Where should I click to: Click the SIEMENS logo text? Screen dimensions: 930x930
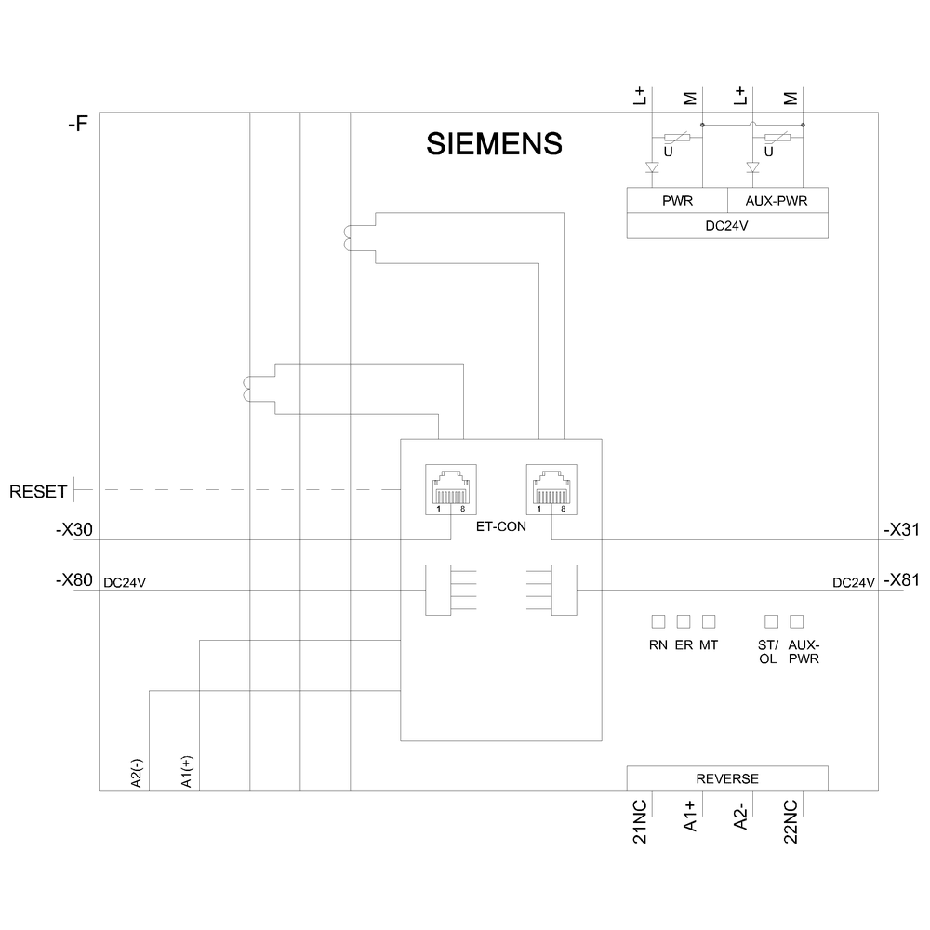494,143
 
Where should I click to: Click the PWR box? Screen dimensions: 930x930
676,201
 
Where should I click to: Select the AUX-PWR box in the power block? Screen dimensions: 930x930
777,201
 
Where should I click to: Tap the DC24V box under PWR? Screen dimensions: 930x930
727,225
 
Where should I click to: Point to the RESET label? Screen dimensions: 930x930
37,490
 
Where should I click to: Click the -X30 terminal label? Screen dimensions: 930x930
73,530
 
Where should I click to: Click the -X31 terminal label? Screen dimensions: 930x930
900,530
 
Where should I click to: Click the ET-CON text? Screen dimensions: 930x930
499,525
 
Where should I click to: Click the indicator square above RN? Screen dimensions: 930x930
658,620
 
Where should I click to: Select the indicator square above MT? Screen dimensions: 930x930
710,620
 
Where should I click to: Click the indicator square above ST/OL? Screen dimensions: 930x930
771,620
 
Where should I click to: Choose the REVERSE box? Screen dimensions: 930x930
727,778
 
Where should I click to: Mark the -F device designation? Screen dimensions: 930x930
78,123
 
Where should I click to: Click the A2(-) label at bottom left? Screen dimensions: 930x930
137,773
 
